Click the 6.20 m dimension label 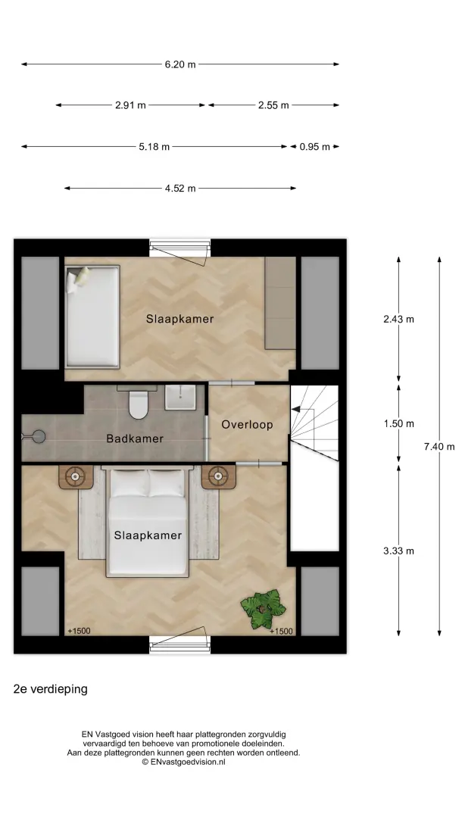pyautogui.click(x=180, y=64)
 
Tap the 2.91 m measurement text pyautogui.click(x=131, y=105)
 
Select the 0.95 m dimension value pyautogui.click(x=315, y=147)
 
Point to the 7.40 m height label pyautogui.click(x=439, y=447)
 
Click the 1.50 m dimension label pyautogui.click(x=398, y=423)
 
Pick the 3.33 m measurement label pyautogui.click(x=398, y=551)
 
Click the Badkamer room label pyautogui.click(x=135, y=438)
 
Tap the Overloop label pyautogui.click(x=247, y=425)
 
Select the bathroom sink pyautogui.click(x=180, y=397)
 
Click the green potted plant pyautogui.click(x=263, y=609)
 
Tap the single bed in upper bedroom pyautogui.click(x=93, y=317)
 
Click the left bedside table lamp pyautogui.click(x=75, y=477)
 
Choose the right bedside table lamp pyautogui.click(x=218, y=477)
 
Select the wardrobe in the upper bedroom pyautogui.click(x=280, y=303)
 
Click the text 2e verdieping pyautogui.click(x=51, y=689)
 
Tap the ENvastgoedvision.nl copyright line pyautogui.click(x=183, y=762)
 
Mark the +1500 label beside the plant pyautogui.click(x=281, y=632)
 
